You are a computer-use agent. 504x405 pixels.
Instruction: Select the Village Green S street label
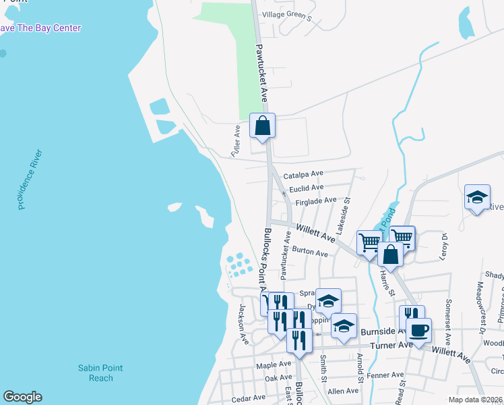point(288,15)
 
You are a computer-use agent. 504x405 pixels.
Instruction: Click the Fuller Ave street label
point(237,140)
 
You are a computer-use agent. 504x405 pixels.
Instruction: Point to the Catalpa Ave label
point(304,174)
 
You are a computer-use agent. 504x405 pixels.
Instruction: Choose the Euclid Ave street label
point(307,188)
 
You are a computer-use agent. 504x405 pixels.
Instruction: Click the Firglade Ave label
point(311,200)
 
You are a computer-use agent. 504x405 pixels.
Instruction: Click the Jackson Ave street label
point(243,323)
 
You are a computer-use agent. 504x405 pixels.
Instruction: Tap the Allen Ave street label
point(343,391)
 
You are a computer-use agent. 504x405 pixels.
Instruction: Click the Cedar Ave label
point(249,399)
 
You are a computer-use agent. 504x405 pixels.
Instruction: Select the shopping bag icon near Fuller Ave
point(263,126)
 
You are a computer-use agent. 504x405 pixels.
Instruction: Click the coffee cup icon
point(418,331)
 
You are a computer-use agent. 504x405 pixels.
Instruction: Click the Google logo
point(22,397)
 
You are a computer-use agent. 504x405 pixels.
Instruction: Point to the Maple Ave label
point(272,365)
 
